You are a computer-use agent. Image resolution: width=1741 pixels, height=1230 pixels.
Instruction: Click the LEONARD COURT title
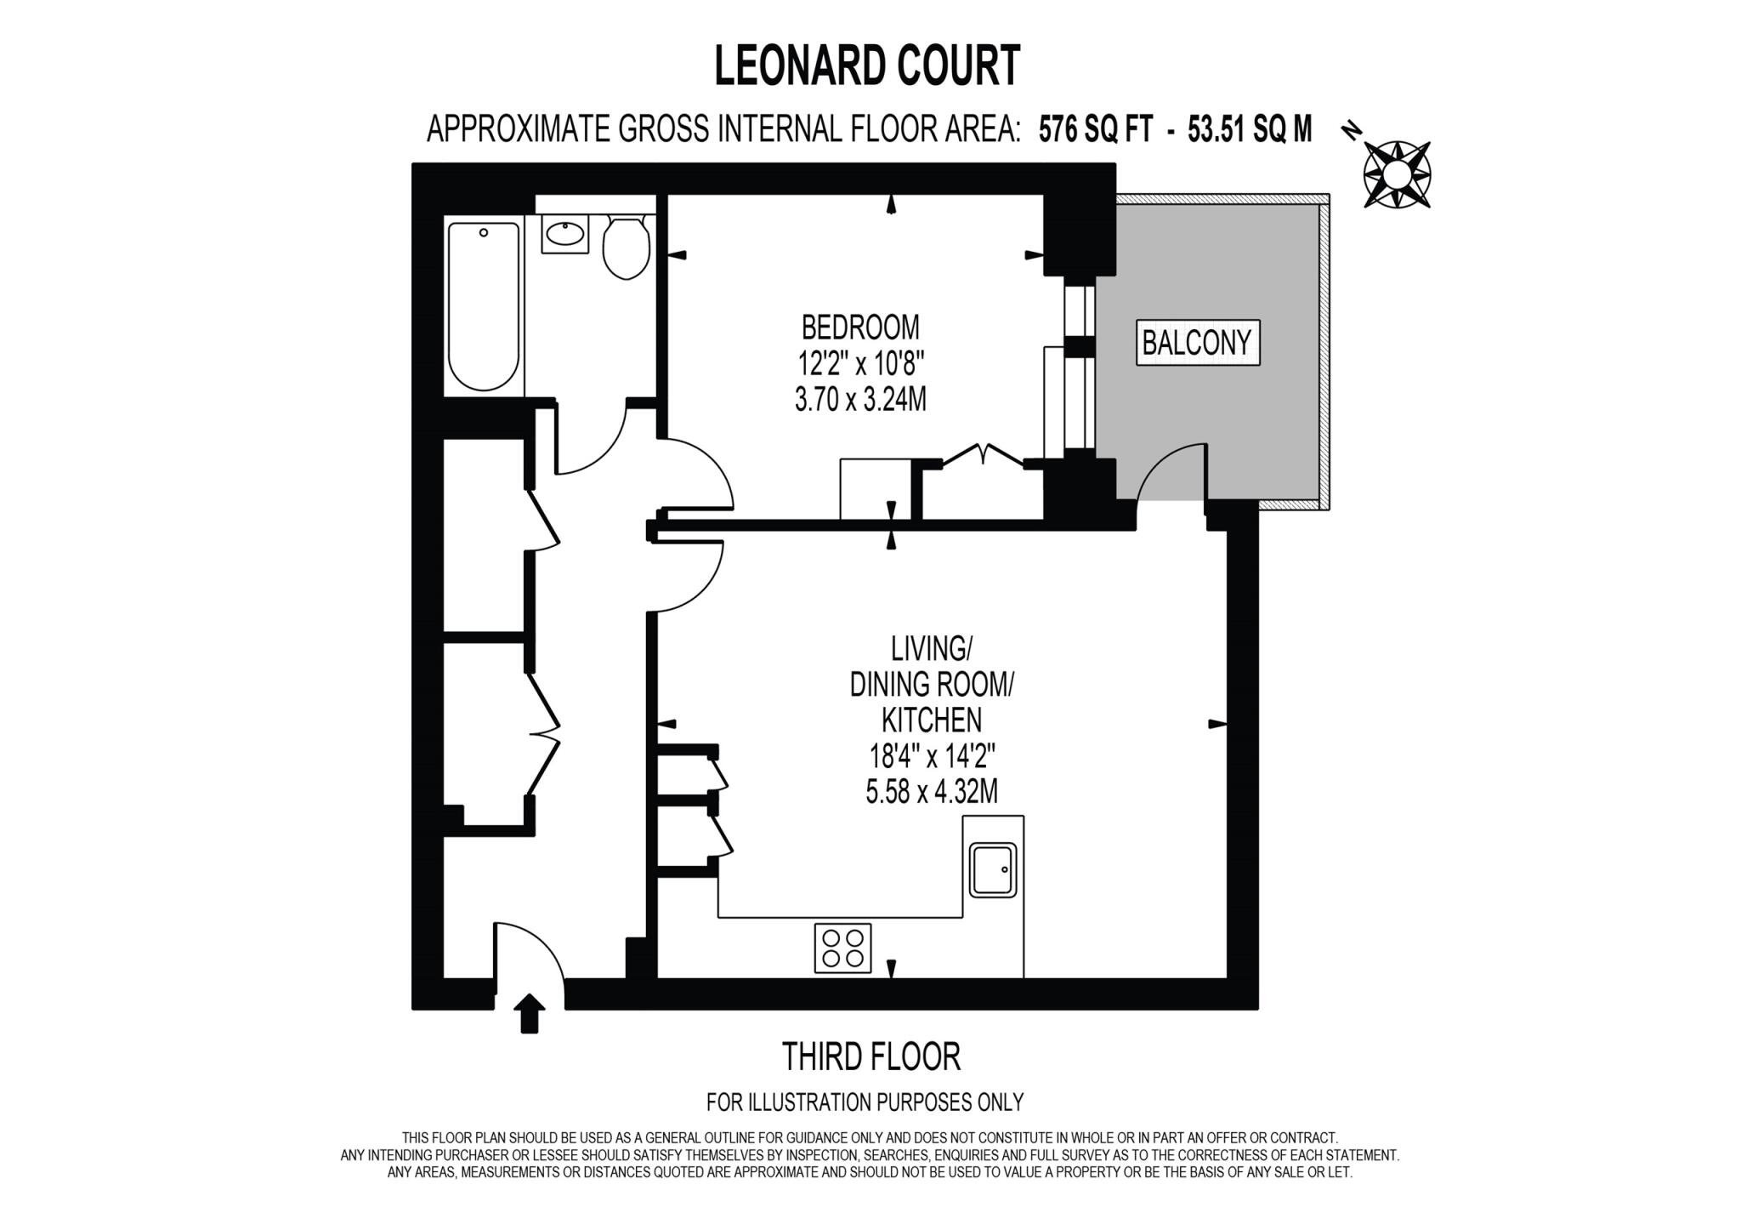(x=866, y=66)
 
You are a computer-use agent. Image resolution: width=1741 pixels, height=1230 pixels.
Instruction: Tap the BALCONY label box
(x=1197, y=343)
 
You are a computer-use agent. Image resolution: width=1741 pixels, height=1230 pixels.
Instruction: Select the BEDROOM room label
(x=860, y=327)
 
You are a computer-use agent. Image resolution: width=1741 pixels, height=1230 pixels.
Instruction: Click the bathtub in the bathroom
(x=483, y=306)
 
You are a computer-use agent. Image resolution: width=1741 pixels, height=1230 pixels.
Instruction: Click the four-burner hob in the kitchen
(x=842, y=948)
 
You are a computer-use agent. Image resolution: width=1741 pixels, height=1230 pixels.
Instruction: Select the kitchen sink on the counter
(x=994, y=869)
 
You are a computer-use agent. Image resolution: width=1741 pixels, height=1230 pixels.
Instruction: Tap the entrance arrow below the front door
(x=530, y=1013)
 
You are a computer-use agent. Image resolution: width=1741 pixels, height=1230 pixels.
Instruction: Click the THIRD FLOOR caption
(x=870, y=1057)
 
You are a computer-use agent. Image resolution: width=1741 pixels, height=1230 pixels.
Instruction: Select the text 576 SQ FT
(x=1096, y=129)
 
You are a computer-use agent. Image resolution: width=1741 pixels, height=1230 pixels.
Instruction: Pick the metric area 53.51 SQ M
(x=1250, y=129)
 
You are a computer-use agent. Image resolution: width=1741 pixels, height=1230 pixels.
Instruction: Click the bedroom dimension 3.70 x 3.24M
(x=860, y=400)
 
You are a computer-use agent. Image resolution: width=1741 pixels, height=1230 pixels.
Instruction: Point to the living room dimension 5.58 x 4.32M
(x=932, y=793)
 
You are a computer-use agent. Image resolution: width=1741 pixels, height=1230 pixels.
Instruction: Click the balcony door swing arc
(x=1171, y=473)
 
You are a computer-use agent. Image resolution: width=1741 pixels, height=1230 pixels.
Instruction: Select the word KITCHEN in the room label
(x=932, y=720)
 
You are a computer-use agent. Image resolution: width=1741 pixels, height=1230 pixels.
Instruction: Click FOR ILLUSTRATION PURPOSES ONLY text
(x=865, y=1102)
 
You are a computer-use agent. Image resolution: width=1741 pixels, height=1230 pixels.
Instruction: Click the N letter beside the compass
(x=1351, y=130)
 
